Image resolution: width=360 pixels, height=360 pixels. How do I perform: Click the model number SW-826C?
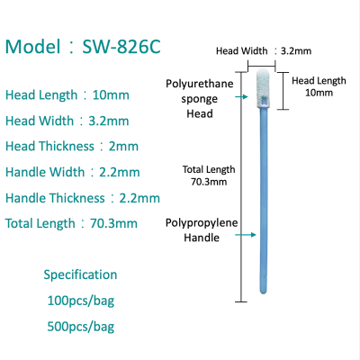coord(121,47)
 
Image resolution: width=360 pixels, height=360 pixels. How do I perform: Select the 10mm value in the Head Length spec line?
coord(111,95)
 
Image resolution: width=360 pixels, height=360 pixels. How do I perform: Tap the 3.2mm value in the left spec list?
coord(109,121)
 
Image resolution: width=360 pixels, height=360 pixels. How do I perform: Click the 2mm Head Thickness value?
coord(123,147)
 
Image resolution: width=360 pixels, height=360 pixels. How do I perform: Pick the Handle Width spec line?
coord(73,172)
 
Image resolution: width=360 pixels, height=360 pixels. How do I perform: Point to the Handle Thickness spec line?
coord(83,198)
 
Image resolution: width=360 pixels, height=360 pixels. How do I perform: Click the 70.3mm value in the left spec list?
coord(113,223)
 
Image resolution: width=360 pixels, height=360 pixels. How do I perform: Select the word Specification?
coord(80,274)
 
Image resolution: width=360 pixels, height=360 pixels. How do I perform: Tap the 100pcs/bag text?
coord(81,301)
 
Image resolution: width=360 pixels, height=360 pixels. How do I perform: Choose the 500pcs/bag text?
coord(81,327)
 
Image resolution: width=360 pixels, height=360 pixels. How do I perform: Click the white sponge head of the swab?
coord(263,88)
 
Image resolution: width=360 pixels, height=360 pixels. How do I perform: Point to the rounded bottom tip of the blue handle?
coord(263,292)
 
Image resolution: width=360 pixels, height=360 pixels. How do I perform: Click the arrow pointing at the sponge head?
coord(241,96)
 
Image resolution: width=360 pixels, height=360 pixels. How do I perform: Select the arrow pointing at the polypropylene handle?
coord(246,235)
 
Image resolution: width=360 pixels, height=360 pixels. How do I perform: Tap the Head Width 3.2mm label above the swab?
coord(264,51)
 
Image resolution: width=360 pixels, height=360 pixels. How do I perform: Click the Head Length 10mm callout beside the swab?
coord(319,86)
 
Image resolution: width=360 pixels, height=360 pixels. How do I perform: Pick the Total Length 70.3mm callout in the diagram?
coord(209,175)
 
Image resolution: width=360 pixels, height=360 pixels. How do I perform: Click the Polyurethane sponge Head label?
coord(200,99)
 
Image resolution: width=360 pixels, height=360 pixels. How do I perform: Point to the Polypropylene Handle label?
coord(202,230)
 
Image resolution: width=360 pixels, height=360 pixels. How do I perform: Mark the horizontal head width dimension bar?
coord(261,66)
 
